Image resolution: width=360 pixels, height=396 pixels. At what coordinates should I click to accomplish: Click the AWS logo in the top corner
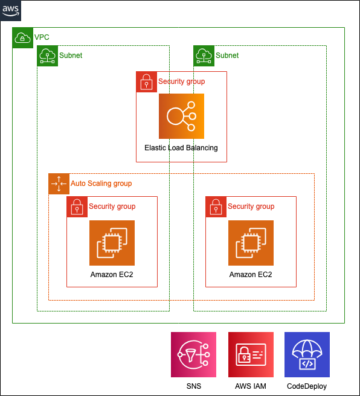click(x=11, y=10)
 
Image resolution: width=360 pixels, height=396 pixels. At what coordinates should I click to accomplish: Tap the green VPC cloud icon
click(x=22, y=37)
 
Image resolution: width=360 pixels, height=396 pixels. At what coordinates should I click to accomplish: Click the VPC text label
click(x=42, y=37)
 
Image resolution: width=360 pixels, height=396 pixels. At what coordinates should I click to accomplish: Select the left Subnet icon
click(x=47, y=56)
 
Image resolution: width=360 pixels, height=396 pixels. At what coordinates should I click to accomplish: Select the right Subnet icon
click(x=204, y=56)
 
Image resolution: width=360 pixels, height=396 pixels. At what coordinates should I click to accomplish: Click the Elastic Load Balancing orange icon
click(x=181, y=116)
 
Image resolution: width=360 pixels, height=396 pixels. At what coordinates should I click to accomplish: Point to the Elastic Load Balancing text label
click(x=181, y=148)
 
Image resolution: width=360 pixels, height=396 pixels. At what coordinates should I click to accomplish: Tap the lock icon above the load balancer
click(x=146, y=81)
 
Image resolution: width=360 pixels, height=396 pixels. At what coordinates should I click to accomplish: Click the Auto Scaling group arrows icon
click(x=59, y=184)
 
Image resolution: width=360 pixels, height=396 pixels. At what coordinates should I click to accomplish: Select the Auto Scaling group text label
click(x=101, y=184)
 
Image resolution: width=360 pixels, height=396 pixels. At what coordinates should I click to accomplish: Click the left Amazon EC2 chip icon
click(x=112, y=243)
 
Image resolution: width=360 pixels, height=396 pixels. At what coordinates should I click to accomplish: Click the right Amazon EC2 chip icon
click(x=251, y=243)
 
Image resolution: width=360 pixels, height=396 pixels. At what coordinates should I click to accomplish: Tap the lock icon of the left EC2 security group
click(x=77, y=206)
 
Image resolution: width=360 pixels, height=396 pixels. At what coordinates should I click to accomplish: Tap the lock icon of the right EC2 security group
click(x=216, y=206)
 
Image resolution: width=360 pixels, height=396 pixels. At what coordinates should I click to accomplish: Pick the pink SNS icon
click(x=193, y=354)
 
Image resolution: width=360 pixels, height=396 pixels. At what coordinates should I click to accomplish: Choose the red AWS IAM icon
click(x=251, y=354)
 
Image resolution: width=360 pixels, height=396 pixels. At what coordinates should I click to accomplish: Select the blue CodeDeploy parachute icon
click(x=307, y=354)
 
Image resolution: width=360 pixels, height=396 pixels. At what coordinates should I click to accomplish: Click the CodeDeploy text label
click(x=307, y=386)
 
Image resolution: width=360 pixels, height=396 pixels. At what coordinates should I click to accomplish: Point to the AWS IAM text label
click(x=251, y=386)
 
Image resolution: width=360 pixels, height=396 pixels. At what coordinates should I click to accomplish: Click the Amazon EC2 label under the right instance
click(x=251, y=275)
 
